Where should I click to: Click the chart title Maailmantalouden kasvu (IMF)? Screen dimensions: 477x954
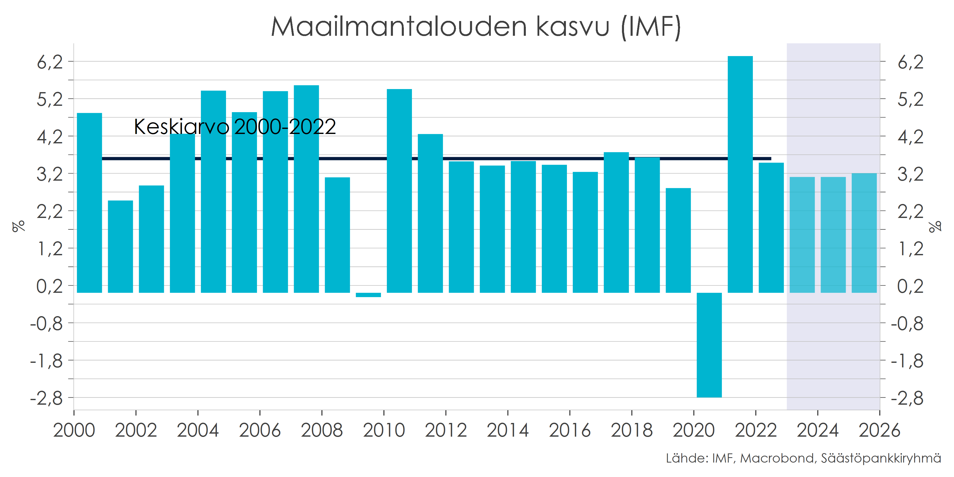click(476, 27)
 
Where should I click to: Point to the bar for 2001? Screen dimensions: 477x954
click(120, 246)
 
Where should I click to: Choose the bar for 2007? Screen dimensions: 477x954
click(306, 189)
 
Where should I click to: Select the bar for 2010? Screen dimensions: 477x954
click(399, 191)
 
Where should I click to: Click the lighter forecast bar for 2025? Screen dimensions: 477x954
click(833, 235)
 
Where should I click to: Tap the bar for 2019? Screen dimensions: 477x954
click(678, 240)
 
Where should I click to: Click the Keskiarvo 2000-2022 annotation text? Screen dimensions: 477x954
click(235, 127)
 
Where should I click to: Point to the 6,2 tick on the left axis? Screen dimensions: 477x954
click(50, 62)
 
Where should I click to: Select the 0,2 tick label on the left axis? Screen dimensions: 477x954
click(50, 286)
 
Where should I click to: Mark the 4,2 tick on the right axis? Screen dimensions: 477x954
click(910, 137)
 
